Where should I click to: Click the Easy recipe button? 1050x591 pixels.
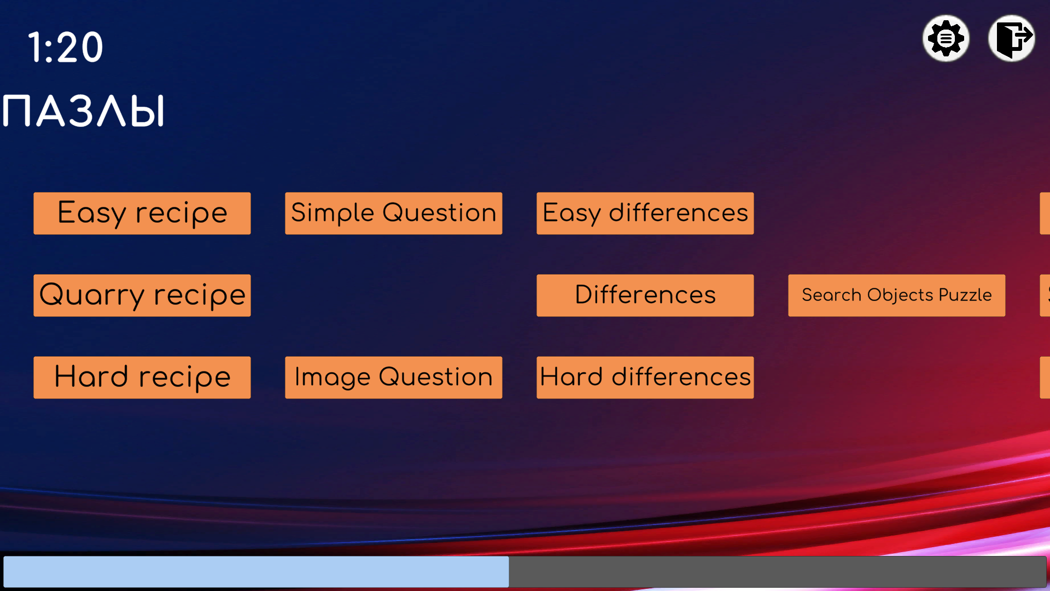pyautogui.click(x=142, y=213)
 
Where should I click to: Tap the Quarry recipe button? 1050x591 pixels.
pyautogui.click(x=142, y=296)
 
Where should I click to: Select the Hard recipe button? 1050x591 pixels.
pyautogui.click(x=142, y=378)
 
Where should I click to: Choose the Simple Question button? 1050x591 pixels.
pyautogui.click(x=394, y=213)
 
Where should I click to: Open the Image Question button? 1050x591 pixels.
pyautogui.click(x=394, y=378)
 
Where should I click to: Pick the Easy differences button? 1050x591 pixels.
pyautogui.click(x=645, y=213)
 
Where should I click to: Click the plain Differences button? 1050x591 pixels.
pyautogui.click(x=645, y=296)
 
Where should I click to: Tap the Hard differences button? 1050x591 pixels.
pyautogui.click(x=645, y=378)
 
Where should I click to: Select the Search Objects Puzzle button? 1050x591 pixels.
pyautogui.click(x=897, y=296)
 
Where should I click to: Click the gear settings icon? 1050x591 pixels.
pyautogui.click(x=946, y=38)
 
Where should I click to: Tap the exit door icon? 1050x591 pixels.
pyautogui.click(x=1012, y=38)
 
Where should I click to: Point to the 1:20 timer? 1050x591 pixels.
pyautogui.click(x=66, y=47)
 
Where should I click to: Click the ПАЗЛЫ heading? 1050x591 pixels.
pyautogui.click(x=83, y=111)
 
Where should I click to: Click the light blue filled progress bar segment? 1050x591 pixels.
pyautogui.click(x=256, y=572)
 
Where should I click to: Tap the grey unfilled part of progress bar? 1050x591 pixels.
pyautogui.click(x=778, y=572)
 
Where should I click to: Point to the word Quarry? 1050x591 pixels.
pyautogui.click(x=92, y=296)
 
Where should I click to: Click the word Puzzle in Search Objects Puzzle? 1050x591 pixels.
pyautogui.click(x=965, y=295)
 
